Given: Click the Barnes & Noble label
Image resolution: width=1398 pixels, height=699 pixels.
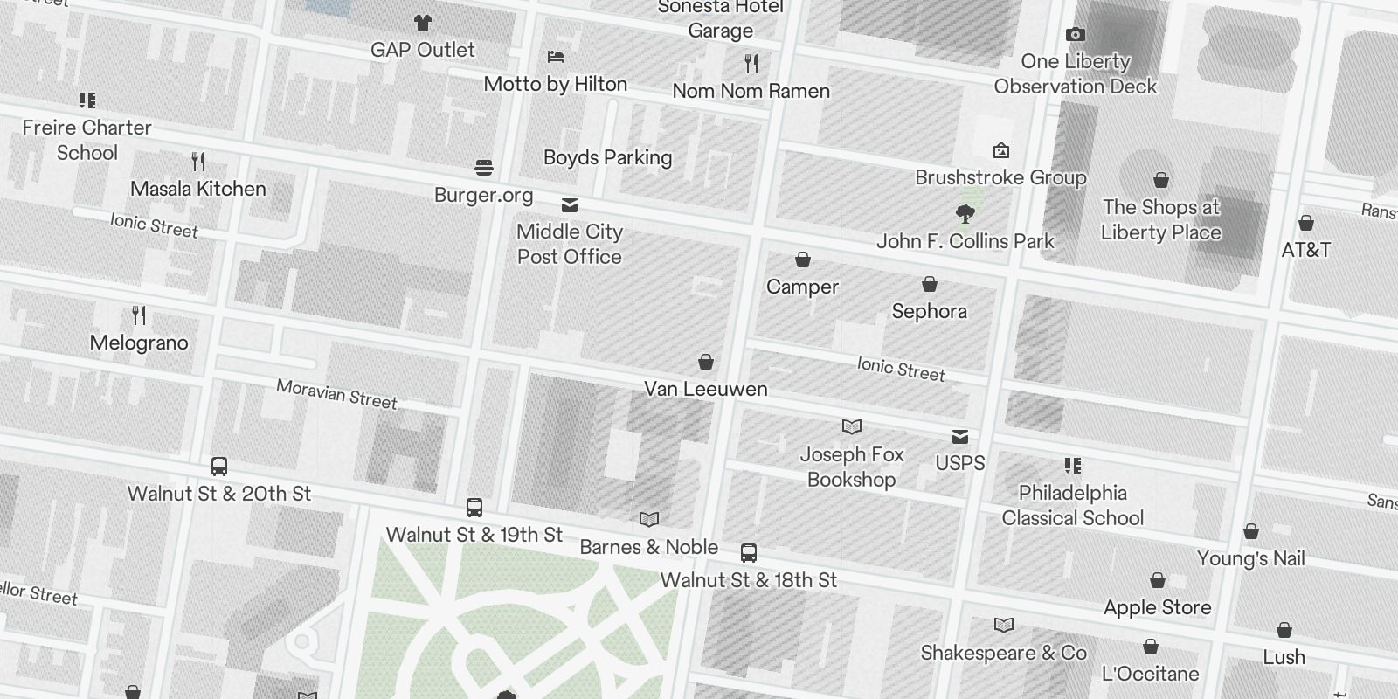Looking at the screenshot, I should click(x=648, y=547).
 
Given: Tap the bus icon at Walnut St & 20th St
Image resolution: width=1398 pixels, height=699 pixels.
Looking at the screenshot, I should click(x=219, y=467).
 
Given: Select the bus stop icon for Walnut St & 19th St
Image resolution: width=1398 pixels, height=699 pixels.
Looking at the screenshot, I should click(x=474, y=508).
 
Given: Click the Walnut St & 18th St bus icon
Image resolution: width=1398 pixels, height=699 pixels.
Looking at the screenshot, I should click(x=749, y=553).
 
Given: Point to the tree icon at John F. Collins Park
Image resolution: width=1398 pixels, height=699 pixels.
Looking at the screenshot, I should click(x=965, y=214).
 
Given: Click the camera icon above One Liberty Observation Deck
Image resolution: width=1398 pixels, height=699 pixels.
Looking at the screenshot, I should click(x=1076, y=35).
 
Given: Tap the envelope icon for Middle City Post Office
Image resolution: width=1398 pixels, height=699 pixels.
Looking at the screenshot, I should click(x=570, y=205).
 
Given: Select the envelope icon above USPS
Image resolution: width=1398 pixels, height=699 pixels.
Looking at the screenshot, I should click(x=960, y=437).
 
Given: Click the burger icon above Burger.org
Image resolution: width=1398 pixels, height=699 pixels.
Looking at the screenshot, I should click(x=484, y=168).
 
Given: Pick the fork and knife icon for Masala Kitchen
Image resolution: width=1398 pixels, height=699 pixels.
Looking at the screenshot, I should click(x=198, y=162).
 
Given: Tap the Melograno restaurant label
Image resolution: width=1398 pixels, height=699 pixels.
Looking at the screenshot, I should click(x=139, y=343).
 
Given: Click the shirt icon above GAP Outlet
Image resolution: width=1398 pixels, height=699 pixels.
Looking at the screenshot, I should click(x=423, y=23).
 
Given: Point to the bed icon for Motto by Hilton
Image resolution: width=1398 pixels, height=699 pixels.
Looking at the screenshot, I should click(x=556, y=58).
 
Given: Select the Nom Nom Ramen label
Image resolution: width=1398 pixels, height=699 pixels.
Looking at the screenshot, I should click(x=751, y=91).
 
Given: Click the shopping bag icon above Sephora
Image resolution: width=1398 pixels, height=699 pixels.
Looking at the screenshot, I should click(x=930, y=285).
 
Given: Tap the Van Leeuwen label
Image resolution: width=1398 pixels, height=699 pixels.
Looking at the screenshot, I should click(x=705, y=389).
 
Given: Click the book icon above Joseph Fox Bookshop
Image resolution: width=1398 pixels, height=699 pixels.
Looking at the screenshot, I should click(x=852, y=427).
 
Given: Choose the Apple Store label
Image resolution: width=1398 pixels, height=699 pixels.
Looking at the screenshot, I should click(x=1157, y=607).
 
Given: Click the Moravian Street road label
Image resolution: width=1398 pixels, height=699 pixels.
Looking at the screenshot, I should click(x=336, y=394).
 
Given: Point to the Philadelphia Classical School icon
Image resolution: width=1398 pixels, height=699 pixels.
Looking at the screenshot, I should click(x=1073, y=466).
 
